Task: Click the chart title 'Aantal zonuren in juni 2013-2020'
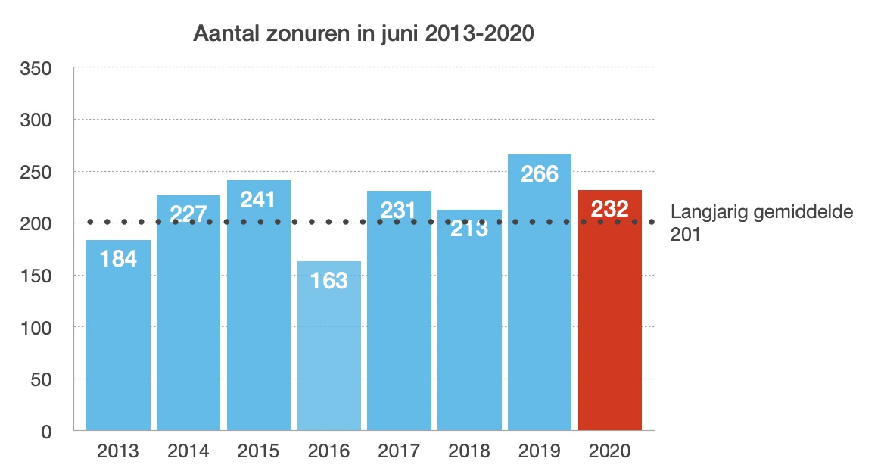tap(364, 34)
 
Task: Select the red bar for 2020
tap(610, 318)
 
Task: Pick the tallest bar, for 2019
tap(540, 303)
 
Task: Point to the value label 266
tap(540, 174)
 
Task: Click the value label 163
tap(329, 281)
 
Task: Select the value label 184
tap(118, 259)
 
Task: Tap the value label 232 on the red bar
tap(610, 209)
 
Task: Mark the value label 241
tap(259, 199)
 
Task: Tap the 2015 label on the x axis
tap(259, 452)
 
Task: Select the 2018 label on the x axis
tap(469, 452)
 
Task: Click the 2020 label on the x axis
tap(610, 452)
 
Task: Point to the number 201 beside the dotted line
tap(685, 235)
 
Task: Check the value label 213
tap(469, 228)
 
